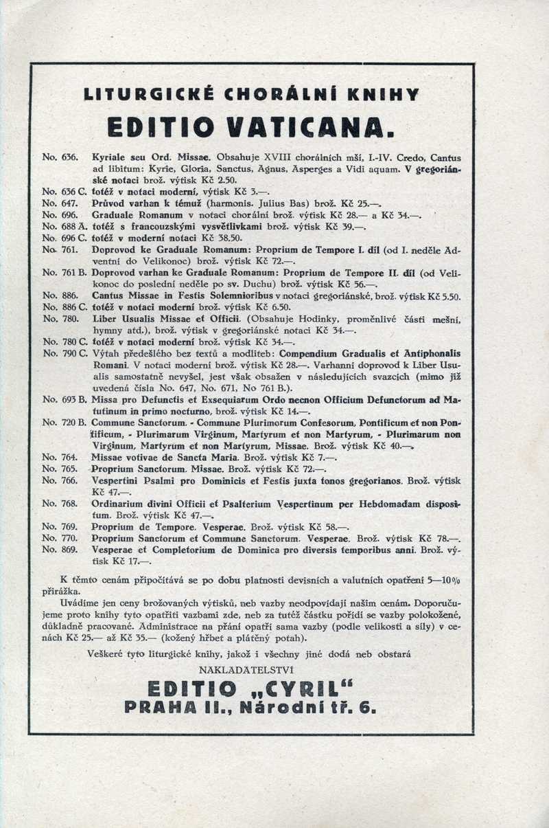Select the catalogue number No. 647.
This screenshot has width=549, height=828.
coord(59,204)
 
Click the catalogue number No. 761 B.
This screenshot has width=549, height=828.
coord(63,272)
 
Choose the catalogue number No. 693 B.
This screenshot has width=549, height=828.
coord(63,399)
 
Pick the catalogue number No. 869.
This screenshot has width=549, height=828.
coord(59,550)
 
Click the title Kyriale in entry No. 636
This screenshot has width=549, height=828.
coord(110,157)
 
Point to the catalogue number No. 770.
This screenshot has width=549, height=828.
coord(59,538)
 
